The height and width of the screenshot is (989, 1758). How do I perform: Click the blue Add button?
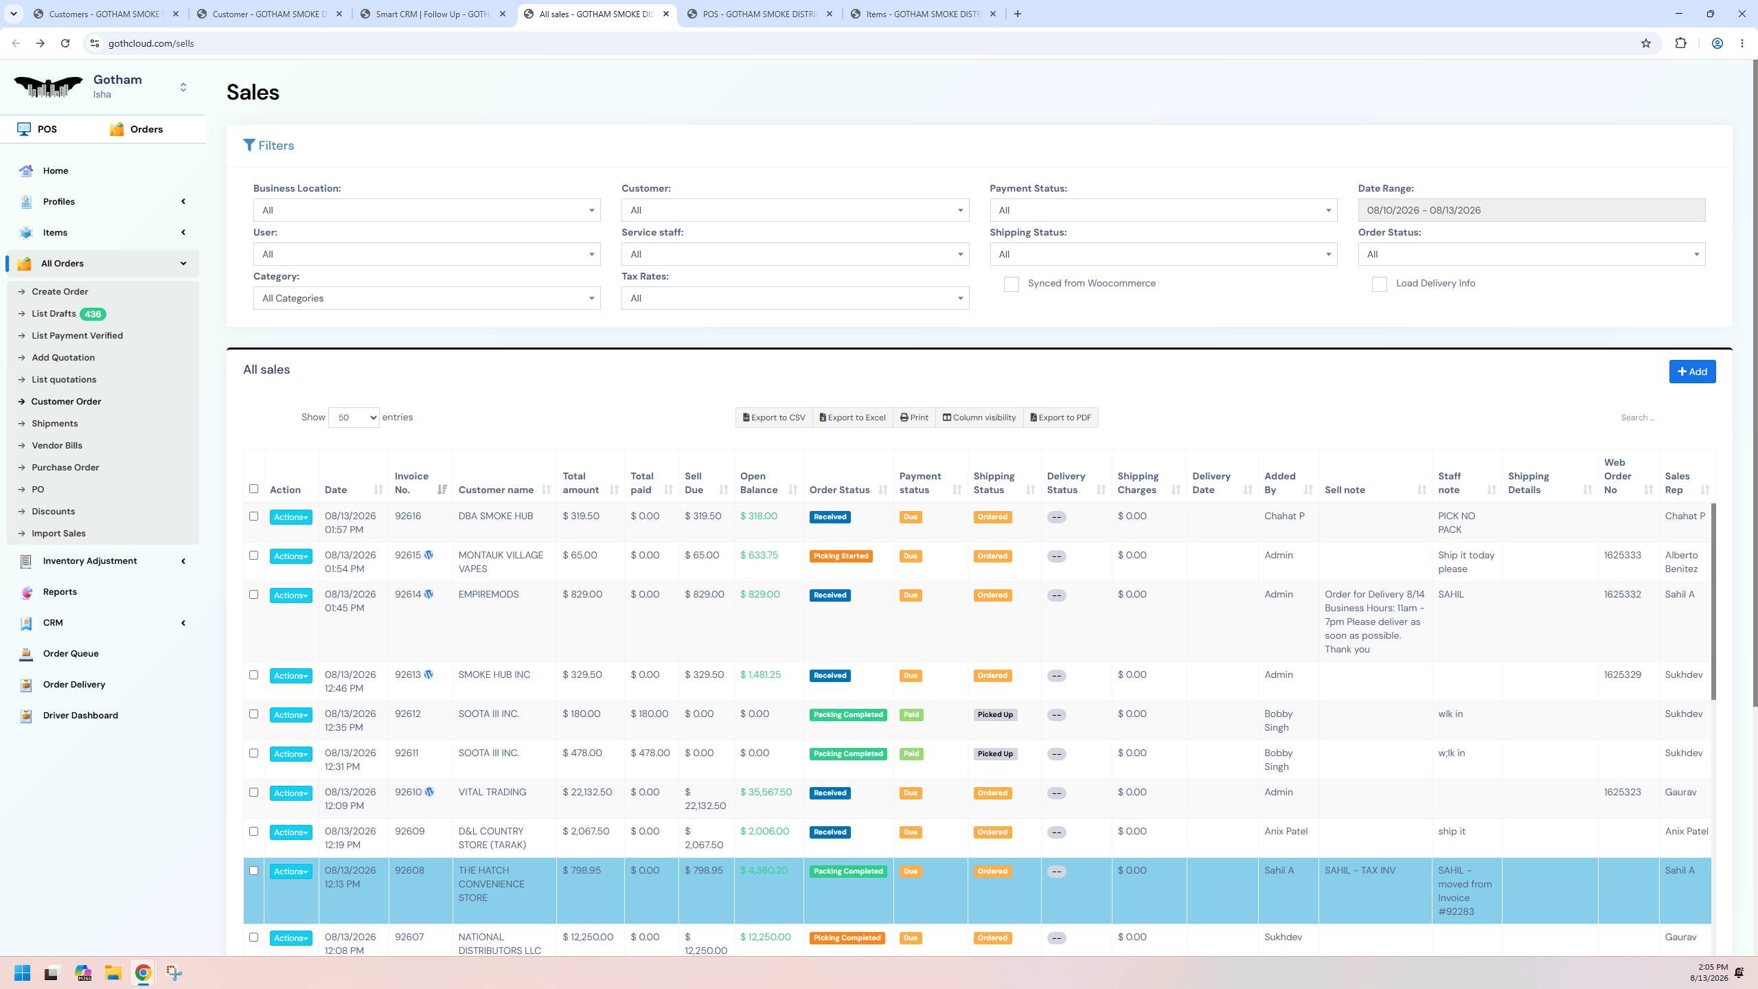pos(1692,372)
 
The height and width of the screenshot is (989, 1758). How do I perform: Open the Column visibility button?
pos(979,418)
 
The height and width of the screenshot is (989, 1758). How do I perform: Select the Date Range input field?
pos(1531,210)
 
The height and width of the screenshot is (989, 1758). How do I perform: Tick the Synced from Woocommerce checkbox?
pos(1011,284)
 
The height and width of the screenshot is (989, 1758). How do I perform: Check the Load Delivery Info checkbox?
pos(1379,284)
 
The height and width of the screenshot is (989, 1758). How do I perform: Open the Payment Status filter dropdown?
pos(1163,210)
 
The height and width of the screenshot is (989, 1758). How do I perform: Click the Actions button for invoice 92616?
pos(290,517)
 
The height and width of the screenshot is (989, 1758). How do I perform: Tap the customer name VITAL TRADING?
pos(492,792)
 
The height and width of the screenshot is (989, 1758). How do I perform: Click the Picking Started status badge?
pos(841,556)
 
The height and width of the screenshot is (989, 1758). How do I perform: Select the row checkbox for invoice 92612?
pos(253,714)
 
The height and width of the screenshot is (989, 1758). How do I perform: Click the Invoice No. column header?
pos(411,483)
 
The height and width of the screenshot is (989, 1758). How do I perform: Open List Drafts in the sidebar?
pos(54,314)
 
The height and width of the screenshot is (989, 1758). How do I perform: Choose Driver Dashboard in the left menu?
pos(80,716)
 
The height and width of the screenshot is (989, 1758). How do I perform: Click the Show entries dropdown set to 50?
pos(354,418)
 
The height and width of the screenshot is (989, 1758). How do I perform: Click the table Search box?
pos(1662,418)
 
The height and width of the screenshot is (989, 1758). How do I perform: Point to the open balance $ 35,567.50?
pos(766,792)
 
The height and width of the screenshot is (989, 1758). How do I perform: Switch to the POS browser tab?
pos(760,14)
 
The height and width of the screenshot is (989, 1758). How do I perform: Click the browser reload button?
pos(65,43)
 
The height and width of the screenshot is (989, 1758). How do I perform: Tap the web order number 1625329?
pos(1622,674)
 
